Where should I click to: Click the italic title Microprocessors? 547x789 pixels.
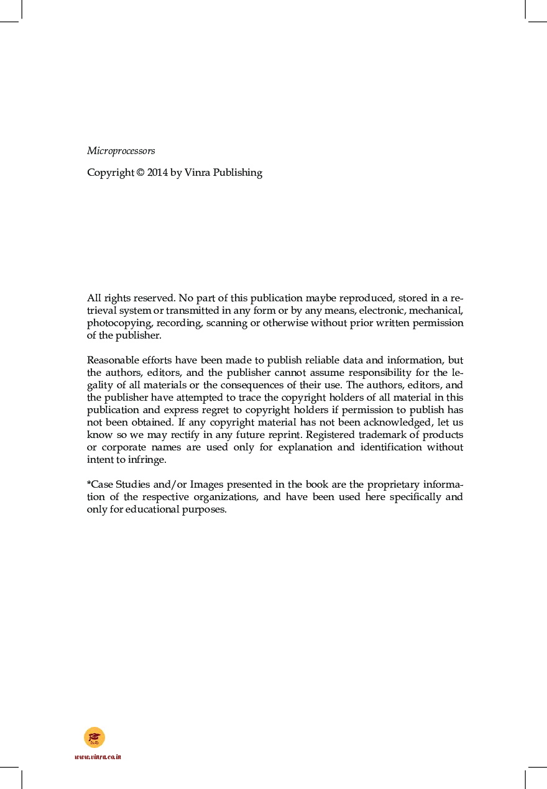pyautogui.click(x=121, y=151)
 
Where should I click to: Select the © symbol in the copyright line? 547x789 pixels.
pyautogui.click(x=140, y=173)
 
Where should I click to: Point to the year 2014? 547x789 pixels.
pyautogui.click(x=157, y=173)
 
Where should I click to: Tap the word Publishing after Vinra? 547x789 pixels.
pyautogui.click(x=237, y=173)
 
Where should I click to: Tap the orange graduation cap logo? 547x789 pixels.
pyautogui.click(x=94, y=737)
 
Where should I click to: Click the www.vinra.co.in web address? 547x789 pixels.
pyautogui.click(x=98, y=757)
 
